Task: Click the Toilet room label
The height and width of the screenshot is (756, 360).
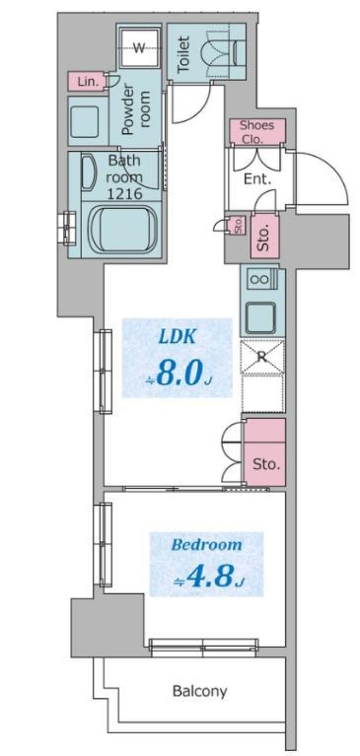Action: [183, 54]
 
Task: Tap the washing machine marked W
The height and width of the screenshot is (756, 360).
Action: [139, 47]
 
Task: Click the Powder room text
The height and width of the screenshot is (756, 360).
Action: [136, 111]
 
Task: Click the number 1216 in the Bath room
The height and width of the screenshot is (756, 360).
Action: [124, 194]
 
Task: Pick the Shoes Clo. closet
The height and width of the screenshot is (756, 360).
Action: [256, 132]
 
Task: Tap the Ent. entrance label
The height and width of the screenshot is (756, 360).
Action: [257, 179]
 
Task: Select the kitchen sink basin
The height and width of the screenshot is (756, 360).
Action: [260, 317]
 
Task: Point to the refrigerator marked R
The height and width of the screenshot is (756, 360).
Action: [262, 357]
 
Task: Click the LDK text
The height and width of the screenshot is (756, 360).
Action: [178, 337]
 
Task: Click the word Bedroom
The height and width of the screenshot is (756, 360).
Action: [206, 545]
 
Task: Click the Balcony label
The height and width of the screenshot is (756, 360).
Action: [199, 691]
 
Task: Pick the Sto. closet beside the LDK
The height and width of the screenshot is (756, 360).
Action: [265, 452]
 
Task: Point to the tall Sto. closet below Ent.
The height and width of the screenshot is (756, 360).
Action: [265, 237]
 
